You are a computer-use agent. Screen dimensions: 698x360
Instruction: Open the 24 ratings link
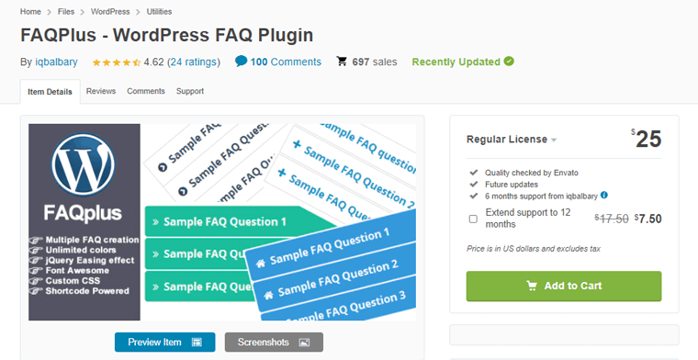[x=194, y=62]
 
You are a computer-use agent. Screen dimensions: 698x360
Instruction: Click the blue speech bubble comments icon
[x=241, y=62]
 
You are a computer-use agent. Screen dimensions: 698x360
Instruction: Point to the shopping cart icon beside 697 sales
[x=342, y=62]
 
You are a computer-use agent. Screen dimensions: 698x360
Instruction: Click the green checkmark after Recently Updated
[x=509, y=62]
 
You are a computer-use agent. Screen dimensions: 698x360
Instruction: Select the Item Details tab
[x=50, y=92]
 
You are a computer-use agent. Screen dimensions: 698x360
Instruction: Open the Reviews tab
[x=101, y=92]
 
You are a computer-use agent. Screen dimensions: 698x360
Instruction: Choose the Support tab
[x=190, y=92]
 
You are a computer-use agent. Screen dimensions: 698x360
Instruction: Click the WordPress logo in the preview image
[x=84, y=165]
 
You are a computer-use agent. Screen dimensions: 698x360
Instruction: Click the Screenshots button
[x=274, y=343]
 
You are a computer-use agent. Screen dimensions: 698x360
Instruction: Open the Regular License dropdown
[x=512, y=140]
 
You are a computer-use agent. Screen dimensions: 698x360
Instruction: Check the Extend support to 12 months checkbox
[x=473, y=219]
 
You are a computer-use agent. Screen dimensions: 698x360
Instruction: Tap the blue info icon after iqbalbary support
[x=604, y=195]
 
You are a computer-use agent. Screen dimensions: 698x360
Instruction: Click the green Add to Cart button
[x=564, y=286]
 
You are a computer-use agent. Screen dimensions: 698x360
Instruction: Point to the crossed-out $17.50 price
[x=611, y=219]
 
